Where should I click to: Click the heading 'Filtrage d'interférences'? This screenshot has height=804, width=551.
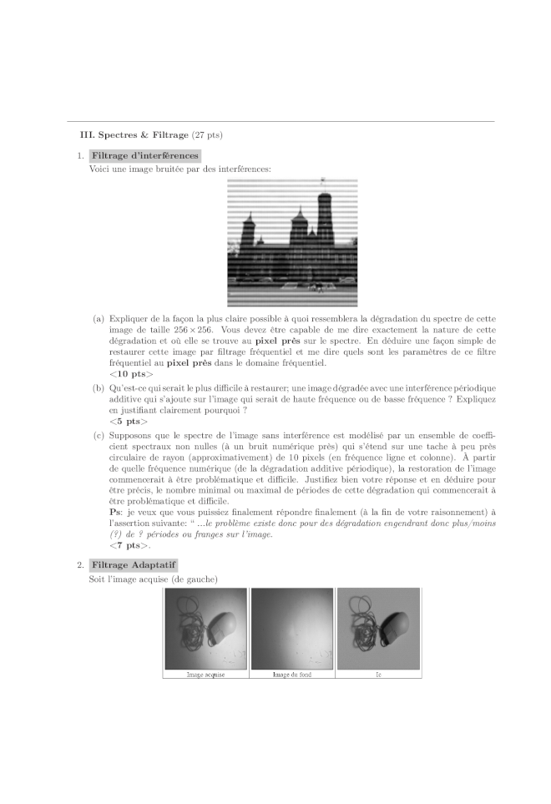coord(145,155)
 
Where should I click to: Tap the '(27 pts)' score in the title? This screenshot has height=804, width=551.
coord(207,134)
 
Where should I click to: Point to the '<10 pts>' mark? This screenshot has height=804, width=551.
coord(131,373)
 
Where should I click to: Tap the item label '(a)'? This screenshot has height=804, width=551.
coord(99,318)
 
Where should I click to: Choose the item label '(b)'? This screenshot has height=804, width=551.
coord(99,389)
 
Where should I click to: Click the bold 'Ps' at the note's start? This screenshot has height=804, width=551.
coord(114,512)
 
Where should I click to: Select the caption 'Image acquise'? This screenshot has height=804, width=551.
coord(205,674)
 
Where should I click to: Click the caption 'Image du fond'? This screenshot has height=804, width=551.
coord(291,674)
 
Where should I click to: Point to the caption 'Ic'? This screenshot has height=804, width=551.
coord(378,674)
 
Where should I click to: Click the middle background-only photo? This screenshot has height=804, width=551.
coord(291,628)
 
